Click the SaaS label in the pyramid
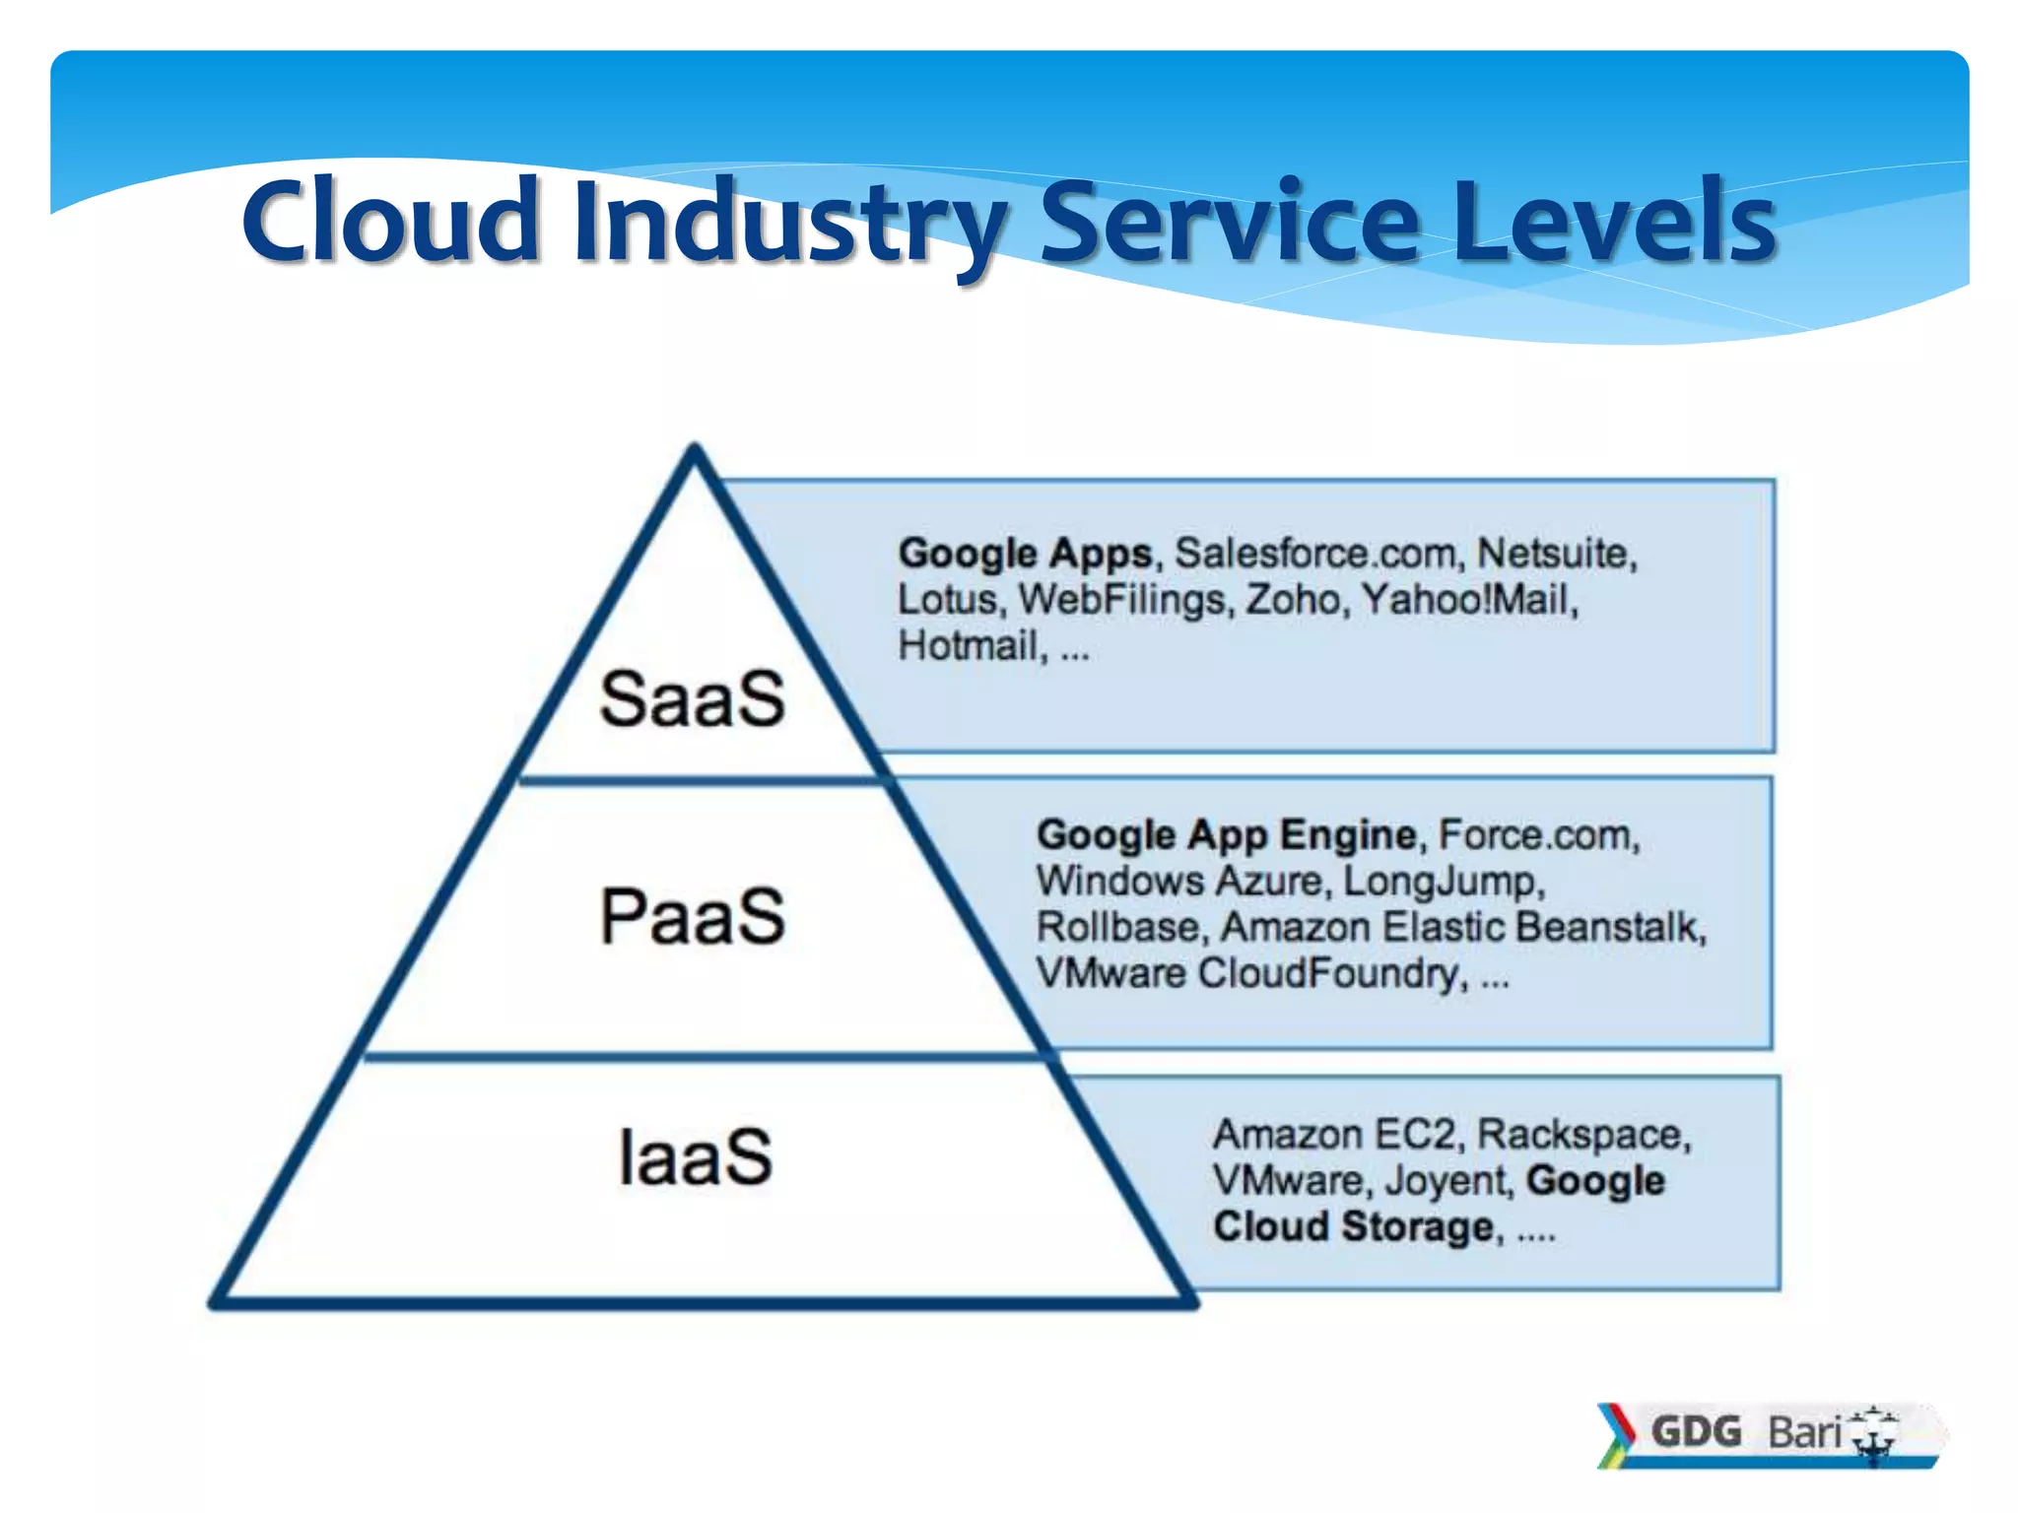(693, 699)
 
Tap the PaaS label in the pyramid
(693, 917)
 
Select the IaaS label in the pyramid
(696, 1156)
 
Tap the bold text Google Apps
(1024, 554)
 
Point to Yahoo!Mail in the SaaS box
(1467, 600)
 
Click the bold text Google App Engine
(1226, 835)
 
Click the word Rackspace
(1582, 1135)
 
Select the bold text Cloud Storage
(1354, 1227)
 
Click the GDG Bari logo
(1769, 1433)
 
